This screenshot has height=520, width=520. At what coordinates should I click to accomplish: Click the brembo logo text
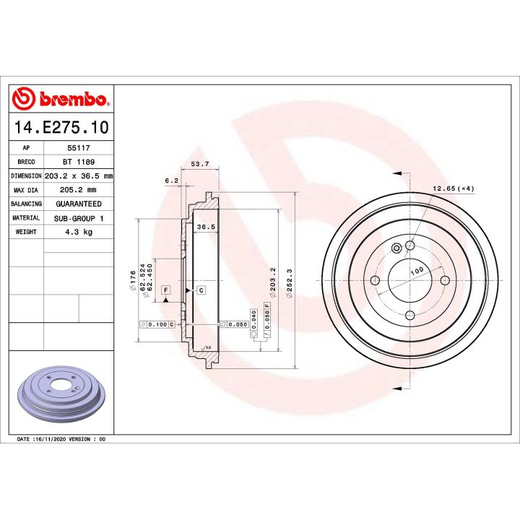(70, 99)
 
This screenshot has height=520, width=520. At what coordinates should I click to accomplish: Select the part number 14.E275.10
(61, 128)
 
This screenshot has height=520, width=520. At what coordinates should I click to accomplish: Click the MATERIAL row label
(26, 218)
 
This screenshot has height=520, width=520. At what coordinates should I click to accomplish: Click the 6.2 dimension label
(171, 181)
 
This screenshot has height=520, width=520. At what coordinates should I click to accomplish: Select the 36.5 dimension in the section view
(206, 227)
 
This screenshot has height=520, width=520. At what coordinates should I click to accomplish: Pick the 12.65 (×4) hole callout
(453, 188)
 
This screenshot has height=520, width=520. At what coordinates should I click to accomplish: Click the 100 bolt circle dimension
(416, 271)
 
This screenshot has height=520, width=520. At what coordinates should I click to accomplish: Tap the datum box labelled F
(165, 290)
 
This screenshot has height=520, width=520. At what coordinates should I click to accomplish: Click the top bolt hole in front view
(409, 246)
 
